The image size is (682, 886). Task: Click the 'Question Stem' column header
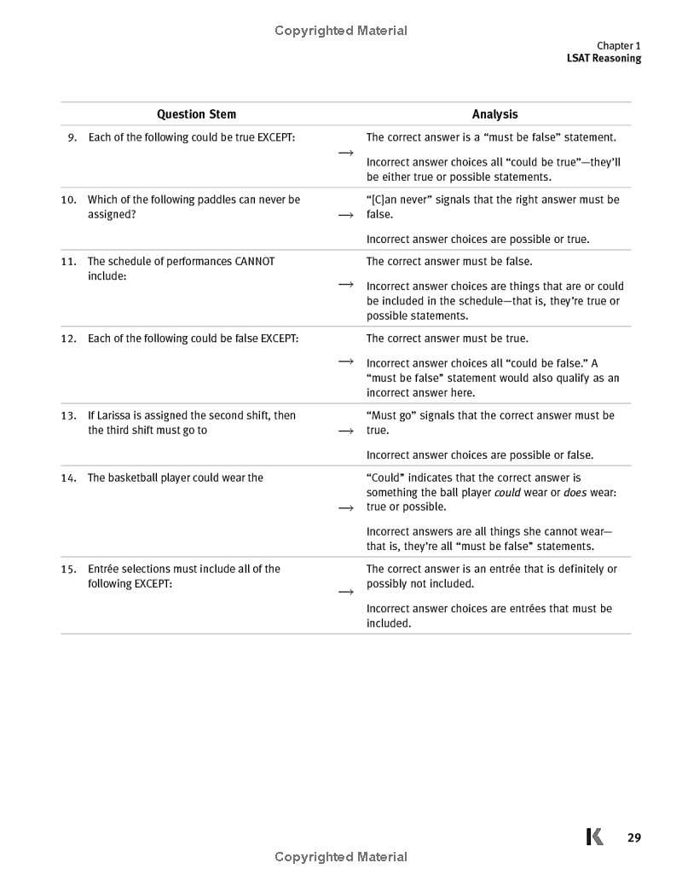click(196, 114)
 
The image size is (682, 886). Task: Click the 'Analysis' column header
click(494, 114)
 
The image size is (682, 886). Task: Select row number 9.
click(72, 137)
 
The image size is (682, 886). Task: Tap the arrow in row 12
click(345, 362)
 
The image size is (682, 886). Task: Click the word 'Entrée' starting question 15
click(105, 569)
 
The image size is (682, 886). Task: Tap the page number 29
click(633, 837)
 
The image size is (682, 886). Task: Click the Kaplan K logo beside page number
click(595, 837)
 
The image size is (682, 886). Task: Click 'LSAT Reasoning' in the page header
click(604, 59)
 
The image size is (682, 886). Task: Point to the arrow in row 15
click(345, 592)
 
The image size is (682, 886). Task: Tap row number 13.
click(69, 415)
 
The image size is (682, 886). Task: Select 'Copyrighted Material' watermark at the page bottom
click(341, 857)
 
